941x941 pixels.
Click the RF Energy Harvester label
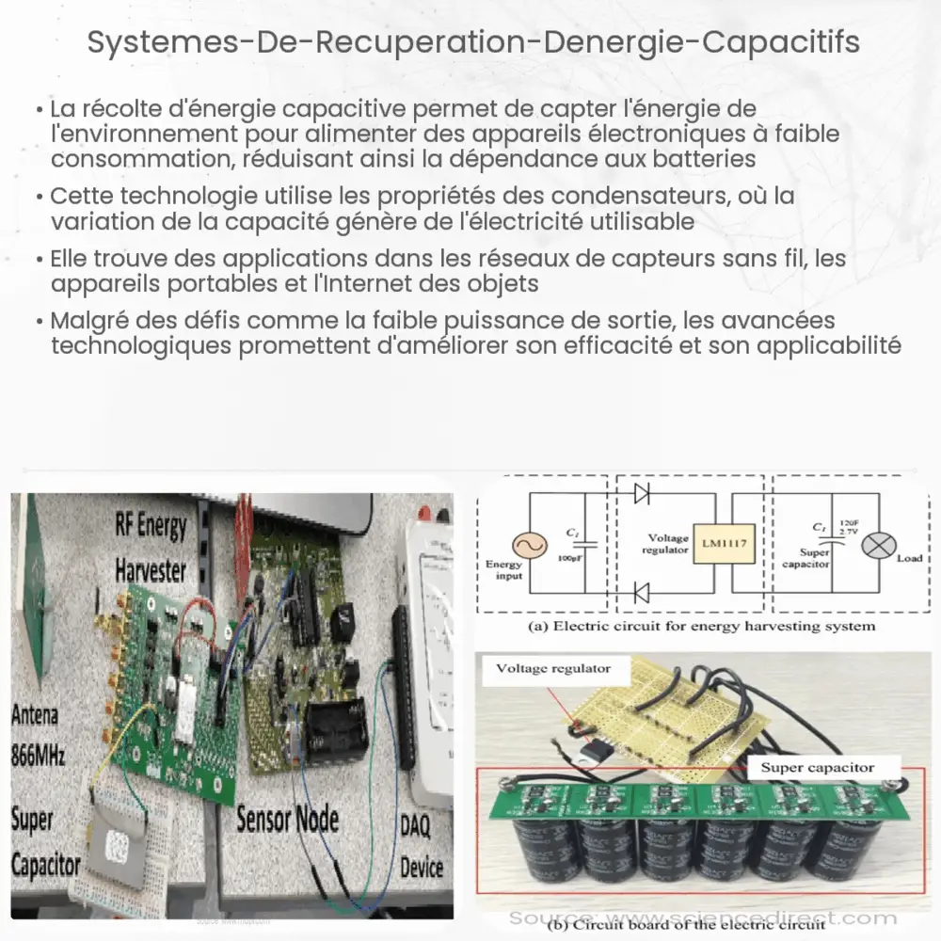pyautogui.click(x=151, y=546)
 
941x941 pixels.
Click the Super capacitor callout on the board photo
pyautogui.click(x=816, y=768)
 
